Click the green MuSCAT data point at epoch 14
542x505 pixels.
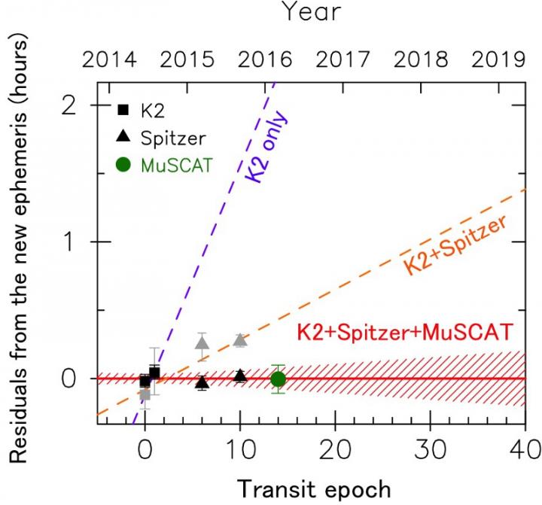[279, 379]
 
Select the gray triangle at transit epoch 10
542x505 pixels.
[240, 339]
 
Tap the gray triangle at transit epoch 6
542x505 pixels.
[202, 343]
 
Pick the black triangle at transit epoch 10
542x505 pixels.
[240, 376]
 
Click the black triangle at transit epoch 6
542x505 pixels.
[202, 382]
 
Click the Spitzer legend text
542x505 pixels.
[173, 137]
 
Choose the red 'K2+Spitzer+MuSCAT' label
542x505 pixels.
[405, 331]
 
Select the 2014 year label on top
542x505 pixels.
[105, 59]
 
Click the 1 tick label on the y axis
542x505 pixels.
[76, 242]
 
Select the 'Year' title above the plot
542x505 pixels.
[311, 13]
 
